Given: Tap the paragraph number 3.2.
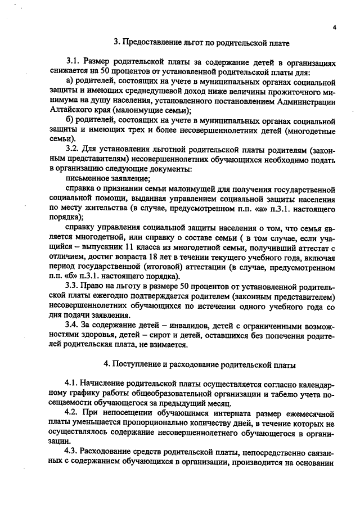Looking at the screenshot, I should point(74,148).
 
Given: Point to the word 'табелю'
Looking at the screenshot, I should point(275,394).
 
